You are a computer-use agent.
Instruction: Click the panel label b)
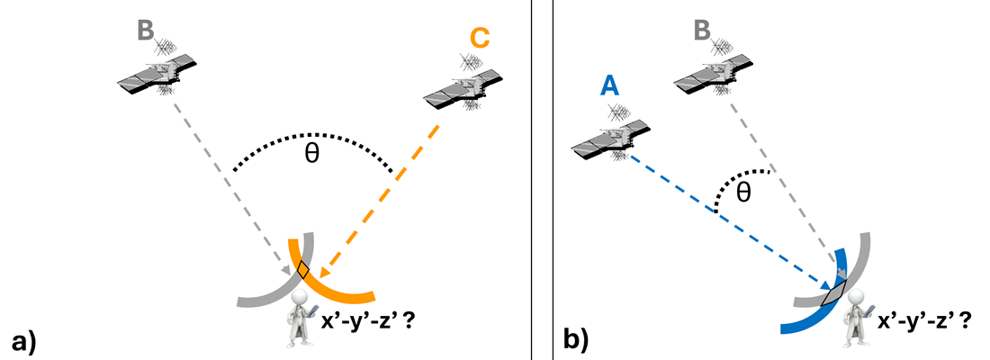point(576,340)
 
